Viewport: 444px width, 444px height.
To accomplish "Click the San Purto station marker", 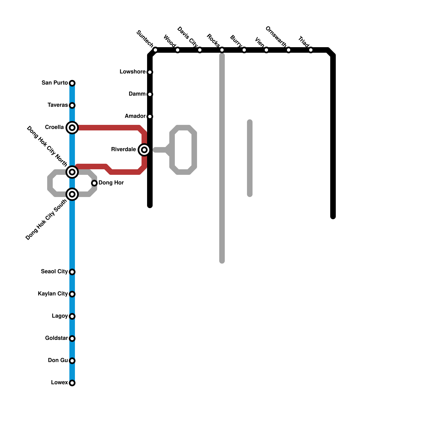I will [72, 83].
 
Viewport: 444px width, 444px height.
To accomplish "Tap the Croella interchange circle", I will [72, 128].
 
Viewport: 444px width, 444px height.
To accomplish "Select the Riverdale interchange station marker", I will [144, 150].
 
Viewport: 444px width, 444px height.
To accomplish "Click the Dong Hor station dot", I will [94, 183].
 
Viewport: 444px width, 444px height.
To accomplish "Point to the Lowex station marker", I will [72, 383].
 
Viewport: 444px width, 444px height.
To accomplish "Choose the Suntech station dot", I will [155, 50].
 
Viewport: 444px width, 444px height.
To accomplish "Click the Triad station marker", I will [311, 50].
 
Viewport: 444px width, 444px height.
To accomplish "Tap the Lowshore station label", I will [132, 72].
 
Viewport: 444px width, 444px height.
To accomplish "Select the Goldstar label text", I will [56, 338].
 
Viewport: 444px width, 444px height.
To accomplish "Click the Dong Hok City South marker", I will [72, 194].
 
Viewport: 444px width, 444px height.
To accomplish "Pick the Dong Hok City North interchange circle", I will [72, 172].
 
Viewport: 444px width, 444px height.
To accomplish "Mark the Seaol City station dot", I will [72, 272].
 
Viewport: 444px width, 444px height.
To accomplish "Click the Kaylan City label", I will [53, 294].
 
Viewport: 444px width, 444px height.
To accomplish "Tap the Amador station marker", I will [150, 117].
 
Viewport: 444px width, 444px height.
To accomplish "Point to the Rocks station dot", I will [222, 50].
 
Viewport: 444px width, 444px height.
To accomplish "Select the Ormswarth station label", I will [276, 36].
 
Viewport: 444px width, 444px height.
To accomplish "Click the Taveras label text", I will [57, 105].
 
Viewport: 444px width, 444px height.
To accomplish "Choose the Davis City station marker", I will [200, 50].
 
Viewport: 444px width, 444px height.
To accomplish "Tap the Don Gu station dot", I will [72, 361].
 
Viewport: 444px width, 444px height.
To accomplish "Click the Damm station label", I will [137, 94].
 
